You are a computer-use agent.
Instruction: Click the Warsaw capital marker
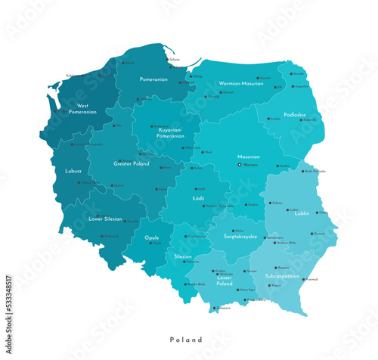point(240,164)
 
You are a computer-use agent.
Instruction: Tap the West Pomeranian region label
point(82,108)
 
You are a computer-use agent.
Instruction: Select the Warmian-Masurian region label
point(240,83)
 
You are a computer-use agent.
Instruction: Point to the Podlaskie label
point(295,114)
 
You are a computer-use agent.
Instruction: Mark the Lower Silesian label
point(106,219)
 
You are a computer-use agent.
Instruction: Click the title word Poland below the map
point(185,340)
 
